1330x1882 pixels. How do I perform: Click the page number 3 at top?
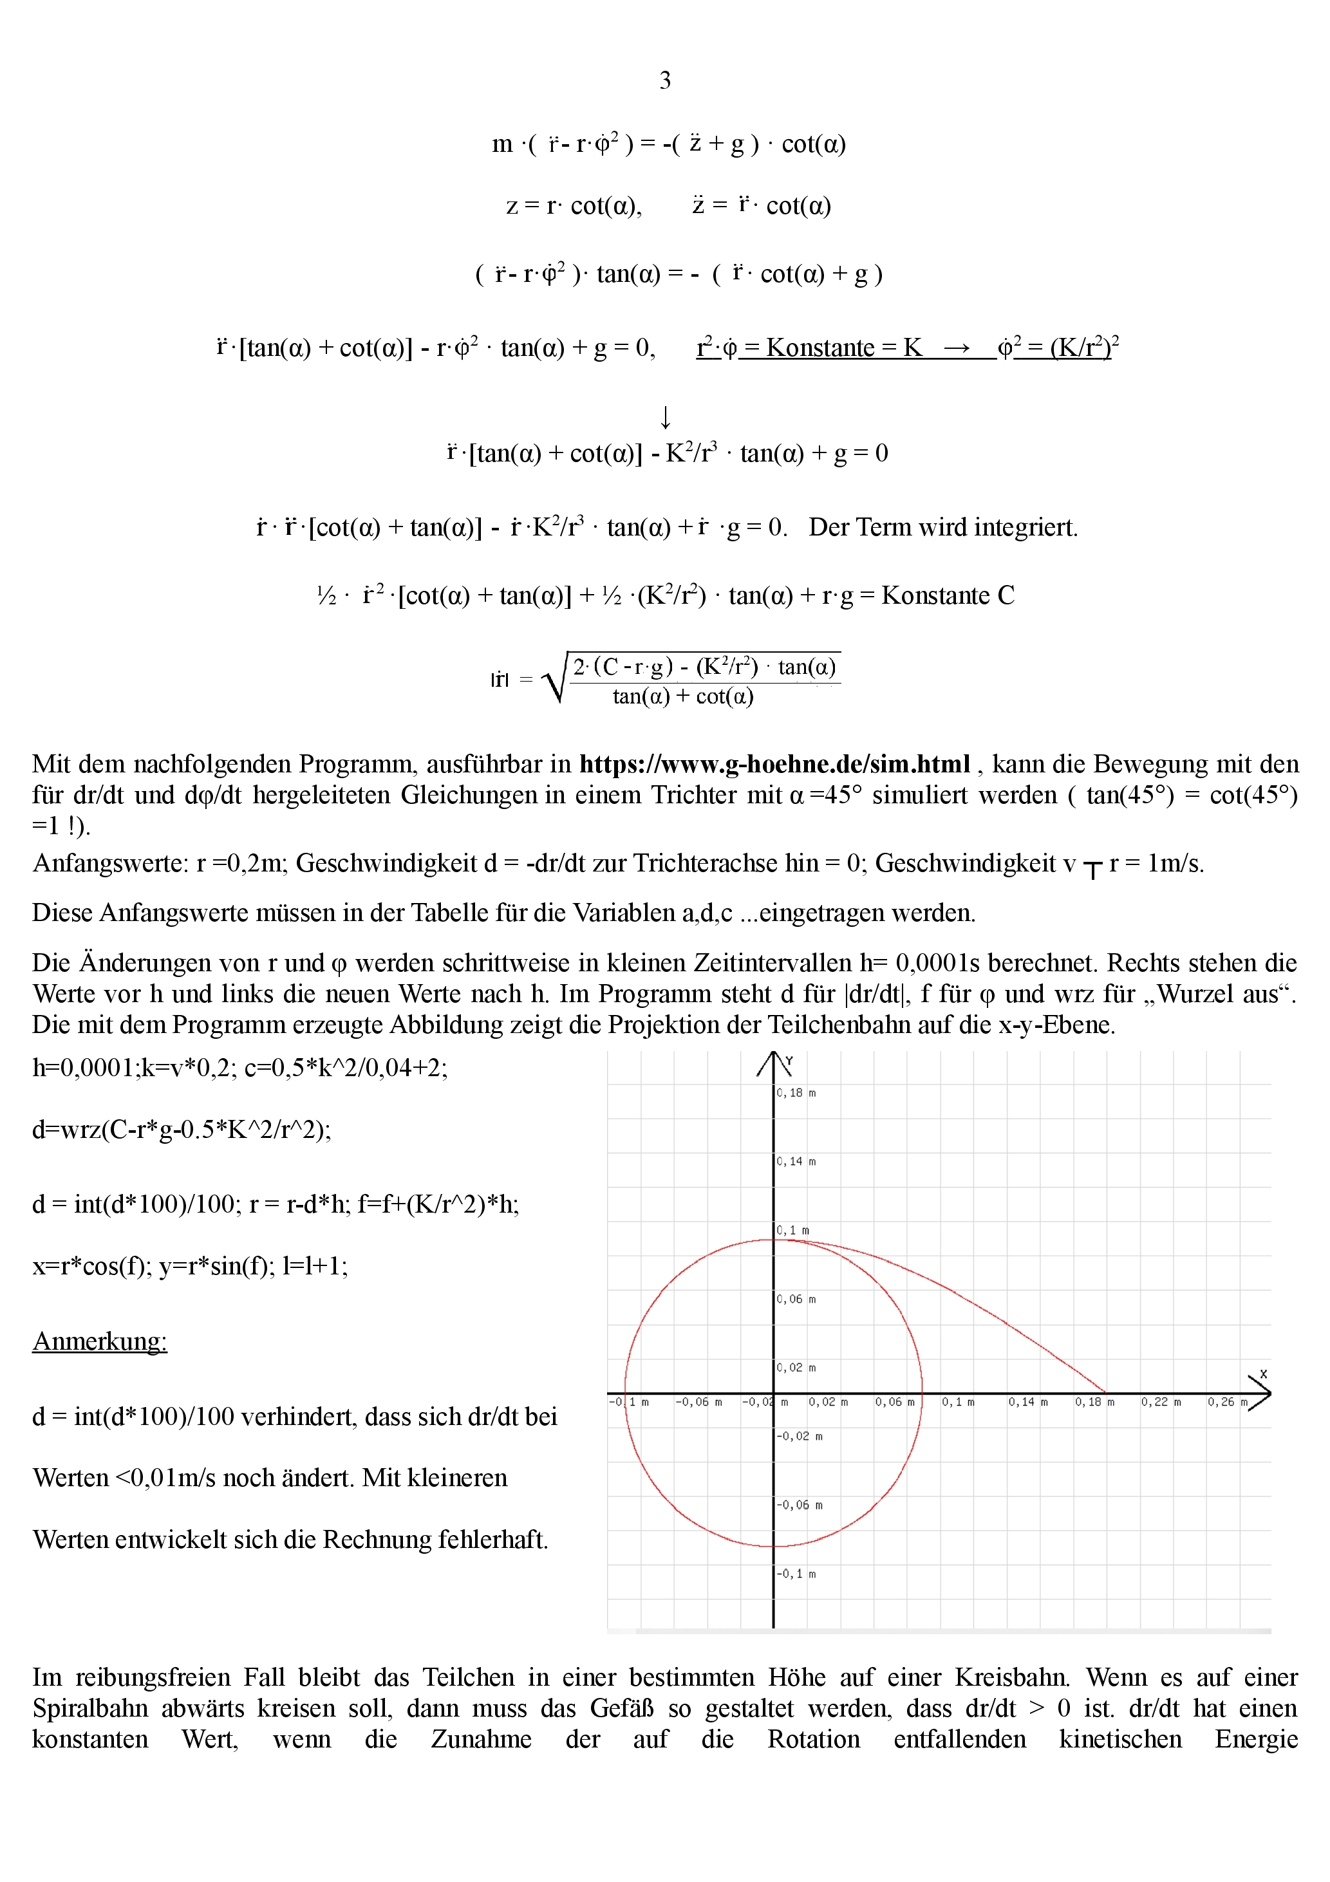click(665, 80)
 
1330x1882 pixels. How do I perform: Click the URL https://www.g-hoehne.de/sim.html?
click(774, 764)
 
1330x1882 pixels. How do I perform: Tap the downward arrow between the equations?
click(665, 417)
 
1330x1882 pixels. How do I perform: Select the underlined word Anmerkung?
click(99, 1341)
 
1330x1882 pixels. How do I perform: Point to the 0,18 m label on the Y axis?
click(796, 1093)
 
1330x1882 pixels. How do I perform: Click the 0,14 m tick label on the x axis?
click(1027, 1402)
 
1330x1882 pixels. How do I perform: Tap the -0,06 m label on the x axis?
click(698, 1402)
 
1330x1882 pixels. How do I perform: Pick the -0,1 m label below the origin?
click(796, 1574)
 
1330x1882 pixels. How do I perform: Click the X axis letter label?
click(1264, 1374)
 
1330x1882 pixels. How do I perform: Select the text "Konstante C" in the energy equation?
click(947, 595)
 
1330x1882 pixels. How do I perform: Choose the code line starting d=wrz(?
click(181, 1130)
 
